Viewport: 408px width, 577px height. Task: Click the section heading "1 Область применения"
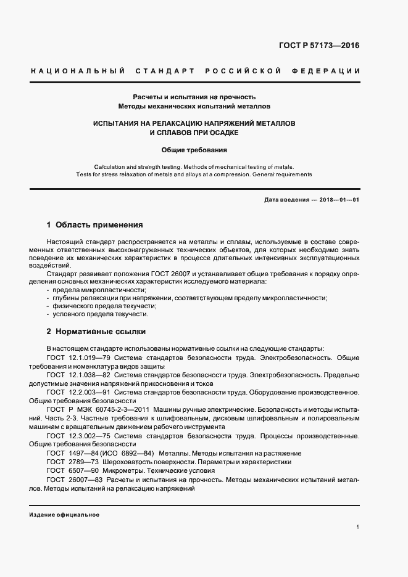point(94,224)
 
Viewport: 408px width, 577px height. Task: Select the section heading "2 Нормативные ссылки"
point(96,331)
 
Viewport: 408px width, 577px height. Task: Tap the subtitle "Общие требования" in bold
point(194,149)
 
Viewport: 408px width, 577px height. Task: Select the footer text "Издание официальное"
point(64,514)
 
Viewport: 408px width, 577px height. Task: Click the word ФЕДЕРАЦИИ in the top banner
point(330,71)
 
